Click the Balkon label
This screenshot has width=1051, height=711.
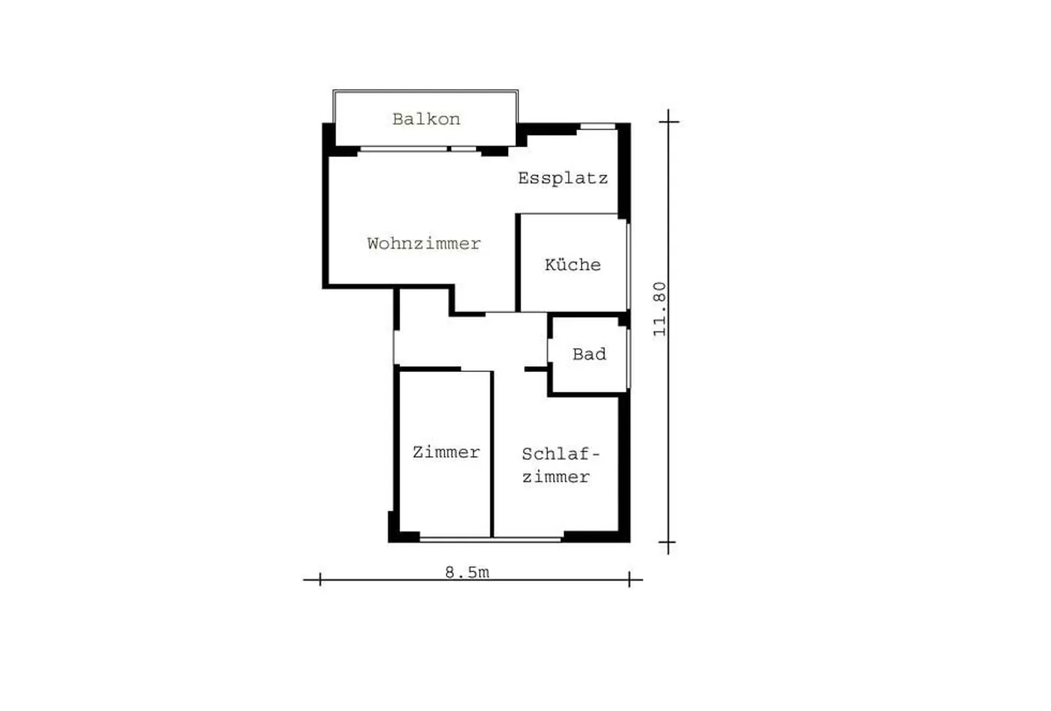[426, 119]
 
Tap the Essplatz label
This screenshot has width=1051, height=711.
[563, 178]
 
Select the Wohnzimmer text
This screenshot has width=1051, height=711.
[423, 244]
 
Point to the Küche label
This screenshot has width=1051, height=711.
[573, 265]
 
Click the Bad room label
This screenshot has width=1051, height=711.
[589, 354]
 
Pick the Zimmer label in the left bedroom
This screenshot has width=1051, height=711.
[446, 452]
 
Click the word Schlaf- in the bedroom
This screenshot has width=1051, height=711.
[560, 454]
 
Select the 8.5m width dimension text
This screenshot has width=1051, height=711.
[467, 572]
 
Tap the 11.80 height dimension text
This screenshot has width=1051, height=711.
[660, 308]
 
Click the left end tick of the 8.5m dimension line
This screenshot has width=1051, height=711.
[320, 580]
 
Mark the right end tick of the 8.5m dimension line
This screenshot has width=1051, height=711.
[629, 580]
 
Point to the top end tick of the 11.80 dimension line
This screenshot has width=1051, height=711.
[669, 121]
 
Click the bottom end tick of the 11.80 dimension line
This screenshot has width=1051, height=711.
[669, 543]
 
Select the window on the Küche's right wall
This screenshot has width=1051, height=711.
[628, 265]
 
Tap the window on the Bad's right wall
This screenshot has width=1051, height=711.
[628, 357]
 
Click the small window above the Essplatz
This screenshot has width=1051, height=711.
[598, 127]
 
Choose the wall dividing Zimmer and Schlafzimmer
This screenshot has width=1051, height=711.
[492, 454]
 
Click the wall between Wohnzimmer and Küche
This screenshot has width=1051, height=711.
[517, 263]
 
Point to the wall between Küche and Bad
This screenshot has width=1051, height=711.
[584, 314]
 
